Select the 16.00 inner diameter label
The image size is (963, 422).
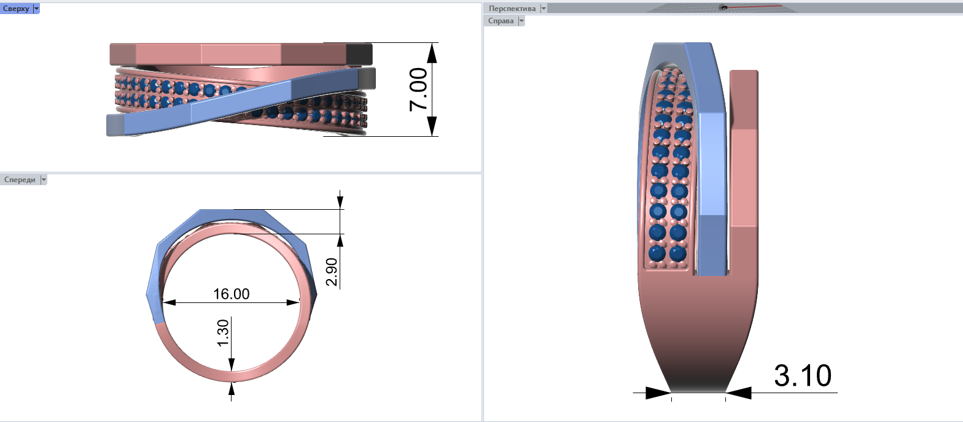[231, 294]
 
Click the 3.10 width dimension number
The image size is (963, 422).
[803, 375]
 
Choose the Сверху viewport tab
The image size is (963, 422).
[16, 9]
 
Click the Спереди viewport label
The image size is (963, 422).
[20, 180]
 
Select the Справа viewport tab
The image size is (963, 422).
[501, 21]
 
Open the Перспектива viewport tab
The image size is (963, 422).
[512, 9]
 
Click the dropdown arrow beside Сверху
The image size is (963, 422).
[36, 9]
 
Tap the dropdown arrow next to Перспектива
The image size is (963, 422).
[544, 9]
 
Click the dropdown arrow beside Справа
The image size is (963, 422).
[521, 21]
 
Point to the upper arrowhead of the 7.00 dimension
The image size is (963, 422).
[432, 53]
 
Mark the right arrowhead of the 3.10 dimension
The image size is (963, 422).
[739, 393]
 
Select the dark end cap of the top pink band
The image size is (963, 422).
[359, 54]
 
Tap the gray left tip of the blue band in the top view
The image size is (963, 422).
[115, 125]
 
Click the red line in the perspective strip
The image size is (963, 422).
[755, 6]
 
